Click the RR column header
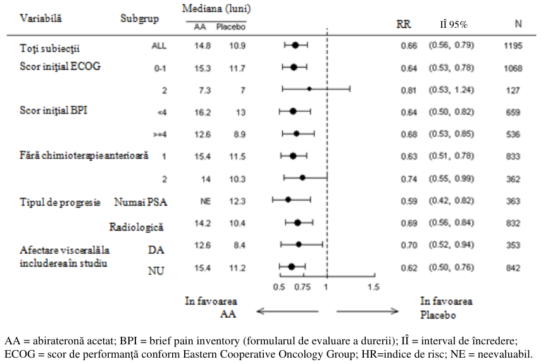pos(404,24)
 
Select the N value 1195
pos(513,46)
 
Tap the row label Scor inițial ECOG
pos(60,66)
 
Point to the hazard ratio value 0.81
pos(409,91)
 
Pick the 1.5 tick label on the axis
pos(373,287)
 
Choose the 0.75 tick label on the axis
pos(302,287)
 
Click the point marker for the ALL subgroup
pos(295,45)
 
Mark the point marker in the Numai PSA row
pos(288,199)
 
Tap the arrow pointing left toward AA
pos(287,311)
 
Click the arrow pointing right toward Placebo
pos(368,311)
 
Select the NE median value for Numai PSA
pos(205,201)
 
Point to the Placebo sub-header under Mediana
pos(231,27)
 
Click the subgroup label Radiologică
pos(136,227)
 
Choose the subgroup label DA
pos(156,249)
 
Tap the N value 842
pos(513,268)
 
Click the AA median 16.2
pos(202,113)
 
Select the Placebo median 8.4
pos(239,245)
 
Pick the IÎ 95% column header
pos(454,24)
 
